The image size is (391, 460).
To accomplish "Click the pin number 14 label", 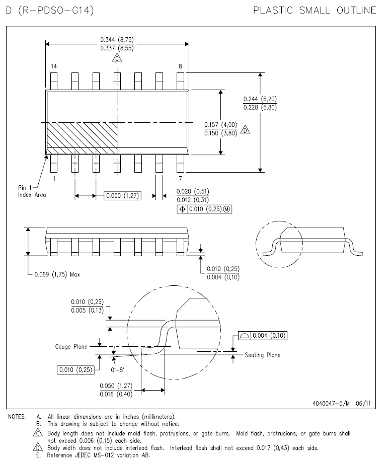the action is point(54,66).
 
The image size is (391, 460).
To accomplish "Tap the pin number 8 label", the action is point(180,66).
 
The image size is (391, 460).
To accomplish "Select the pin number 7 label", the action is point(180,178).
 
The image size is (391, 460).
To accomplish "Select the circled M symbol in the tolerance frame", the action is point(227,209).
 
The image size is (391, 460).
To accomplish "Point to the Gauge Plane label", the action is point(71,346).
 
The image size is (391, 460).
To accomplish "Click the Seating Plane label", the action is point(263,355).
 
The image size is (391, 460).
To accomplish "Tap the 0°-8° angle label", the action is point(117,369).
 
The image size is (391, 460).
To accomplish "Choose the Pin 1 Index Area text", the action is point(32,191).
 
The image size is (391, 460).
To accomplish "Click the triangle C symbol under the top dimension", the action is point(117,57).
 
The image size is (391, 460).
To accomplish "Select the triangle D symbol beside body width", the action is point(245,129).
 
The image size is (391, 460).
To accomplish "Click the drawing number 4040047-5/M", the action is point(331,403).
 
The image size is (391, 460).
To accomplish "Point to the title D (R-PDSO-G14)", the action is point(50,10).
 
